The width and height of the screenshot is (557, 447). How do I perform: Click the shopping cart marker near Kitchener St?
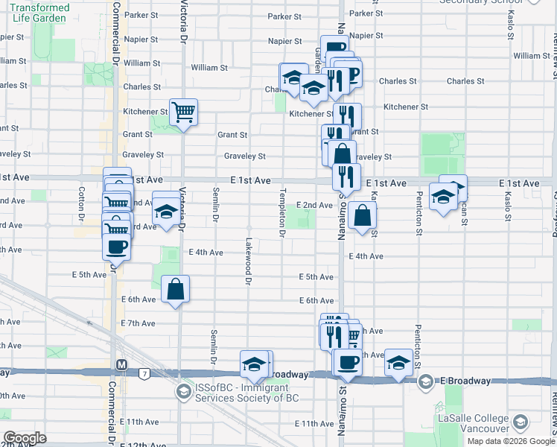[183, 113]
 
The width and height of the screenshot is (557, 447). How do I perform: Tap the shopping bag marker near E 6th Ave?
[175, 290]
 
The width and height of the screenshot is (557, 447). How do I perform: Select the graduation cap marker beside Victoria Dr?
[166, 209]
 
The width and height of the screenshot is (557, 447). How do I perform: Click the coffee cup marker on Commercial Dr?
[117, 247]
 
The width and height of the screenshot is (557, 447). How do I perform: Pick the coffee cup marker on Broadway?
[348, 363]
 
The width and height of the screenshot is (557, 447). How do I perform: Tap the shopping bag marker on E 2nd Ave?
[362, 217]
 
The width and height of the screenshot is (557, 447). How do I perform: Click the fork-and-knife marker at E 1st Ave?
[346, 177]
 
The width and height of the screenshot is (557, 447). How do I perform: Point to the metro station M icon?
[121, 366]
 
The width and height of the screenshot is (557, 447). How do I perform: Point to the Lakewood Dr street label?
[247, 261]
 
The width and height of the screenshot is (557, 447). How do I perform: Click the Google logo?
[25, 438]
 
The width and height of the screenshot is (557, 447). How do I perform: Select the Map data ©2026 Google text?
[510, 441]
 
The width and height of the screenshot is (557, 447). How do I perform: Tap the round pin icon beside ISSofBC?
[183, 391]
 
